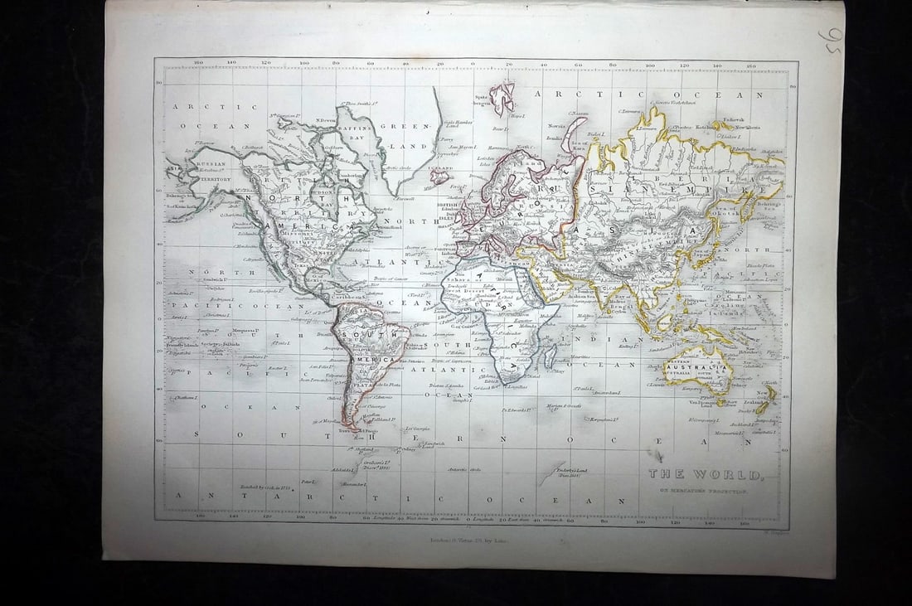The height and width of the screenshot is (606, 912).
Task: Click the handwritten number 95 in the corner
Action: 830,40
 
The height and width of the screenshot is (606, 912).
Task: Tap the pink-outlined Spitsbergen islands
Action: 502,97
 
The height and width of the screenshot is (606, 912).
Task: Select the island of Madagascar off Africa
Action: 549,356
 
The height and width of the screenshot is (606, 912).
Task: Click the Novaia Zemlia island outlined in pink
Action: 572,137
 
